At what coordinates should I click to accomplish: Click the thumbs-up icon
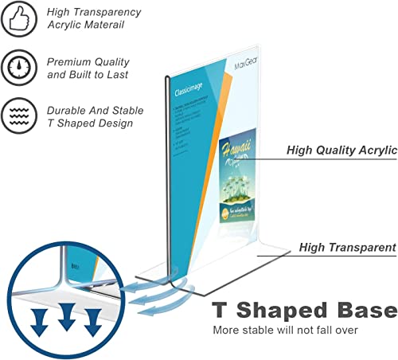pyautogui.click(x=18, y=19)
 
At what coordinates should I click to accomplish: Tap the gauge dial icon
pyautogui.click(x=18, y=67)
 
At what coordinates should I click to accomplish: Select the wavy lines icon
pyautogui.click(x=18, y=115)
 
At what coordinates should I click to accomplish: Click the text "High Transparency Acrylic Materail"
pyautogui.click(x=93, y=19)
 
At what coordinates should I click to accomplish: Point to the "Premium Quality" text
pyautogui.click(x=88, y=61)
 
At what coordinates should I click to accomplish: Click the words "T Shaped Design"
pyautogui.click(x=91, y=123)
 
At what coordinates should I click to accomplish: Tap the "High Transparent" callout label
pyautogui.click(x=347, y=248)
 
